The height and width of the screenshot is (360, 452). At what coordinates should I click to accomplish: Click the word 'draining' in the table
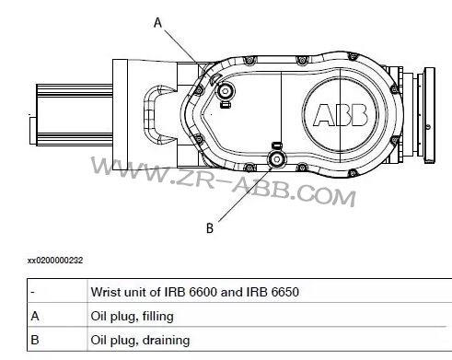pos(167,340)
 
